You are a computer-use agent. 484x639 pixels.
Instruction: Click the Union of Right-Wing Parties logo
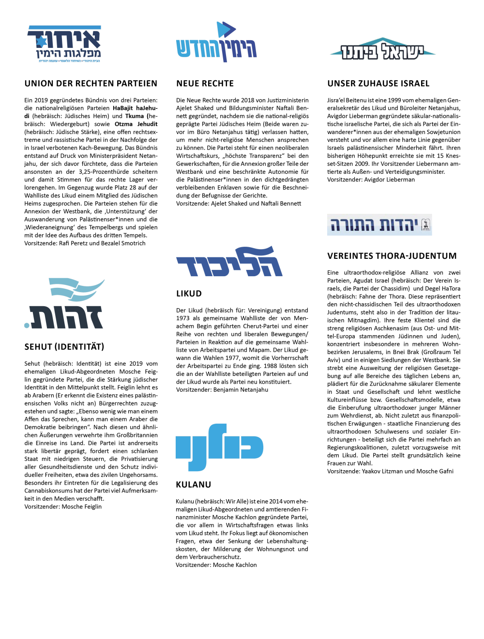tap(64, 44)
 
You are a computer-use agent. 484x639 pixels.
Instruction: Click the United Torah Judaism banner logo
tap(379, 224)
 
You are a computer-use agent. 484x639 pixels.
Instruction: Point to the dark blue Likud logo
tap(229, 262)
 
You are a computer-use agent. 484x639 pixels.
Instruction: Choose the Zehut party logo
tap(64, 304)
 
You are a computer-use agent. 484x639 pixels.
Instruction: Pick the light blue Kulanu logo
tap(219, 446)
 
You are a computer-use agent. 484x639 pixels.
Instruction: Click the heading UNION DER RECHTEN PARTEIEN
tap(91, 84)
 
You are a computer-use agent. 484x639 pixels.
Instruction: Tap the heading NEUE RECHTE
tap(205, 84)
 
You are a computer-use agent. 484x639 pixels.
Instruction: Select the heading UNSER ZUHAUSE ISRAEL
tap(378, 84)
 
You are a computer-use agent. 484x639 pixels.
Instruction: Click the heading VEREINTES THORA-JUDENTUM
tap(392, 256)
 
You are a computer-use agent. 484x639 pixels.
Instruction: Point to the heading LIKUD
tap(189, 294)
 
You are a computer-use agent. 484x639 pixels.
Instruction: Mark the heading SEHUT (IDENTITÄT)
tap(64, 347)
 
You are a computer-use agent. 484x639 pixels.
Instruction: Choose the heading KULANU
tap(194, 485)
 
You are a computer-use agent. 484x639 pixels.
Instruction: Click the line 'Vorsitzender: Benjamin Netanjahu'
tap(222, 390)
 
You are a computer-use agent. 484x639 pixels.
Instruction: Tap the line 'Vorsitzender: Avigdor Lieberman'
tap(371, 179)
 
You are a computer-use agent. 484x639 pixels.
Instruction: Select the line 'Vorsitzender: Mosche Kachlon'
tap(216, 565)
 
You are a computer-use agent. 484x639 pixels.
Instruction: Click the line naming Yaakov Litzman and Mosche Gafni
tap(390, 471)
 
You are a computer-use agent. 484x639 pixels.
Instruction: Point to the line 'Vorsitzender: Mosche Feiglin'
tap(63, 506)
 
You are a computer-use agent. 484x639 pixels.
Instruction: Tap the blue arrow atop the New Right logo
tap(225, 29)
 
